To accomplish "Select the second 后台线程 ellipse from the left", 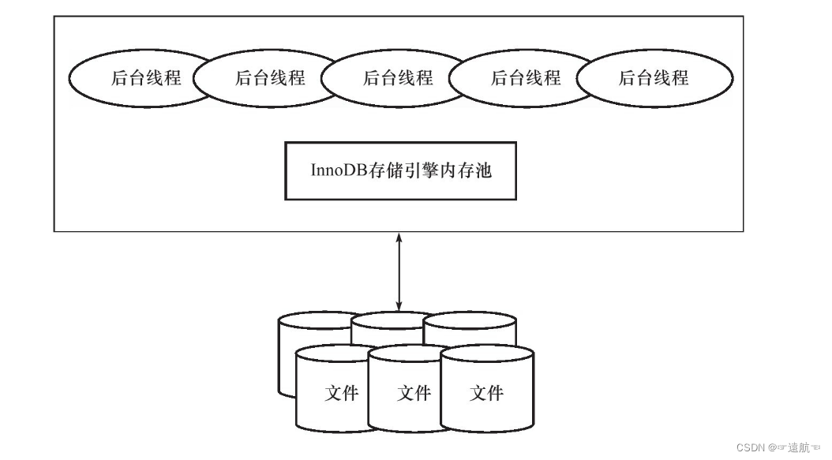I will pyautogui.click(x=260, y=78).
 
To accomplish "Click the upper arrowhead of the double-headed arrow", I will pyautogui.click(x=399, y=237).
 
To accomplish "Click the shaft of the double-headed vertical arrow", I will pyautogui.click(x=399, y=271).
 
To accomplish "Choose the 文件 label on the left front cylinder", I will pyautogui.click(x=341, y=392).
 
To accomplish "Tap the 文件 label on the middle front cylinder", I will pyautogui.click(x=413, y=392).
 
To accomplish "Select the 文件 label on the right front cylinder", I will pyautogui.click(x=486, y=392).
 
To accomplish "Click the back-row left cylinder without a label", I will pyautogui.click(x=287, y=355).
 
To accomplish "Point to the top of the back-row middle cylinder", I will pyautogui.click(x=395, y=319).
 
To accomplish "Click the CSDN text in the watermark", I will pyautogui.click(x=751, y=447).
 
